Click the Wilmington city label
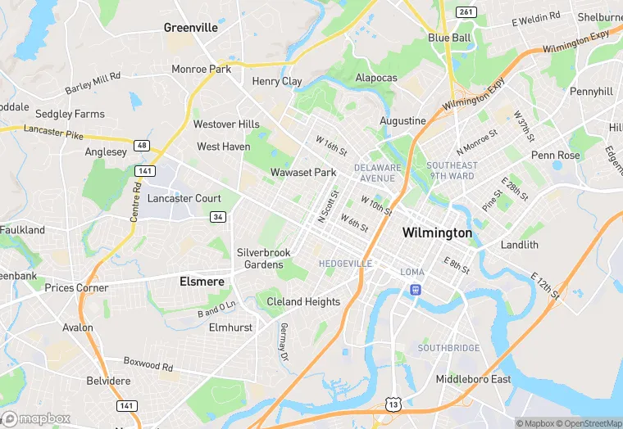437,233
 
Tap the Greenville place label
191,27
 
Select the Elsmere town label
202,281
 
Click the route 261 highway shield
466,11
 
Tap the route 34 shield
217,216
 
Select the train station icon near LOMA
416,288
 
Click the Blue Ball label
449,38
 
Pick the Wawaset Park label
303,173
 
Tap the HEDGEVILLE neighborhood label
345,264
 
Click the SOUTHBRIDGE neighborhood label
448,348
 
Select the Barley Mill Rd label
93,82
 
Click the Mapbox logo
38,418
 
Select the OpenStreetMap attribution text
584,423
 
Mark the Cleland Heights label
303,301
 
